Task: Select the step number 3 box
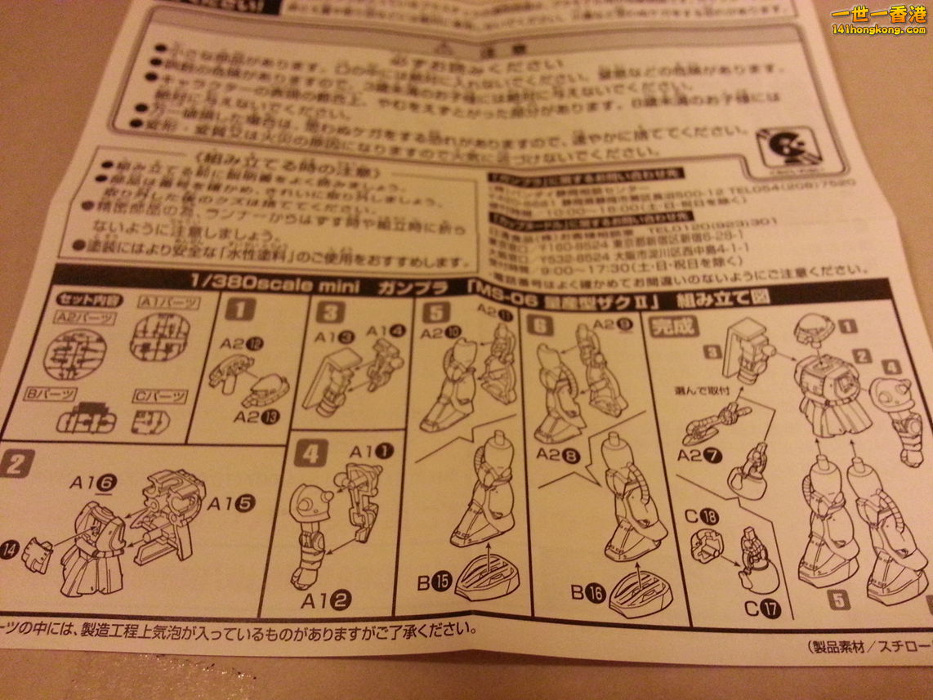[329, 312]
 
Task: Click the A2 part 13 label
[256, 417]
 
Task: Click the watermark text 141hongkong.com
[878, 29]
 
